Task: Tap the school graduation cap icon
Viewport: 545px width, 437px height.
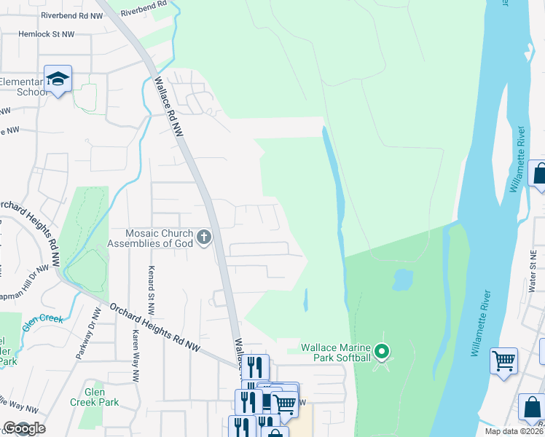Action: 58,78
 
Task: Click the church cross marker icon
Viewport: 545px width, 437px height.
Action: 204,237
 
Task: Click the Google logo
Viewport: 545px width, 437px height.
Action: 23,428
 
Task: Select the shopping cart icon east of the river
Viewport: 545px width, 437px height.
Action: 504,361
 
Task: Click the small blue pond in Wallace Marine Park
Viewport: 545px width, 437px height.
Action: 402,279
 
